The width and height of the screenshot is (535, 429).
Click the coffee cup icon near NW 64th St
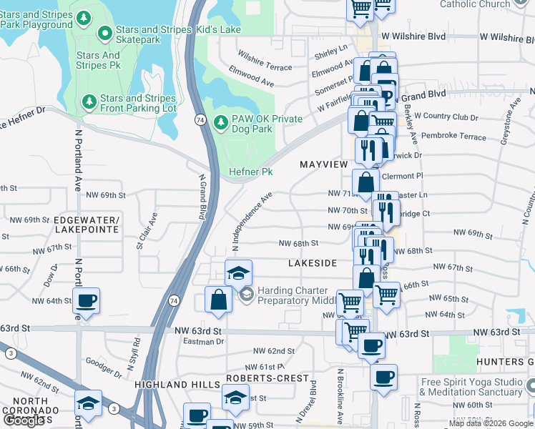click(86, 301)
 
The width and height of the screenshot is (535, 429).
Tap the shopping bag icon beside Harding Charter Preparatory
click(219, 301)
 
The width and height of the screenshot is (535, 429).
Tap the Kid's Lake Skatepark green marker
click(106, 31)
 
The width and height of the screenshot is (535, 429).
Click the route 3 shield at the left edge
click(10, 353)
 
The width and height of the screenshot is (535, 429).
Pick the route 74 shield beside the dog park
click(202, 122)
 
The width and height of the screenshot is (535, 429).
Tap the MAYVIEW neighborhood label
click(323, 164)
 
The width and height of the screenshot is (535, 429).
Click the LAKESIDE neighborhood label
click(312, 263)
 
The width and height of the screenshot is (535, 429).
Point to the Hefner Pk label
click(251, 172)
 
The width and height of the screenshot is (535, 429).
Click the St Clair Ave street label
click(146, 230)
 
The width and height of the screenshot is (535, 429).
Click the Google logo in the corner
click(24, 420)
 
